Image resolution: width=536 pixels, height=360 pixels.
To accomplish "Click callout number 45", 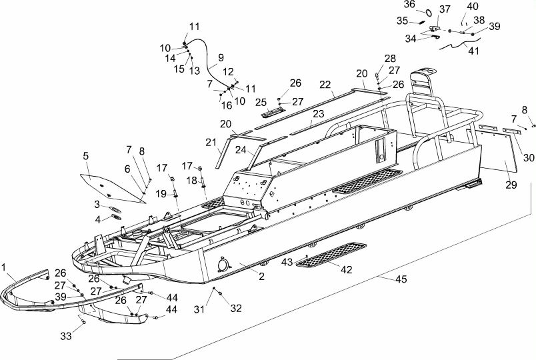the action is coord(401,279).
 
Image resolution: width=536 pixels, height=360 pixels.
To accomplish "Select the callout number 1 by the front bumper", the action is coord(4,267).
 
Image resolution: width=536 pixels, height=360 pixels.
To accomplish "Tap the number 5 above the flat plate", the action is coord(85,156).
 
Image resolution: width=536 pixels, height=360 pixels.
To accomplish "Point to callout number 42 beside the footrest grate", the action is coord(346,270).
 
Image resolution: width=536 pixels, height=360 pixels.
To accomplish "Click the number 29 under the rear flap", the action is coord(511,185).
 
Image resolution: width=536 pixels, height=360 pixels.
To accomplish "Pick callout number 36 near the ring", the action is coord(409,4).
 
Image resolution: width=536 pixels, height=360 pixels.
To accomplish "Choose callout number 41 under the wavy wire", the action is coord(473,51).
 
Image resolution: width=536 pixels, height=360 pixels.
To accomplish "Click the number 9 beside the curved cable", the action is coord(221,57).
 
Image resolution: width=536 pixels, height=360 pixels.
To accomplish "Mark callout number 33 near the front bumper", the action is coord(66,336).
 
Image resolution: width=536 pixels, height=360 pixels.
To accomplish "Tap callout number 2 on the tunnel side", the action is coord(261,276).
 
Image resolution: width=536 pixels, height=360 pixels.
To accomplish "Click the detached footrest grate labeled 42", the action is coord(331,255).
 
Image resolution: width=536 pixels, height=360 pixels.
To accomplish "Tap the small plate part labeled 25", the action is coord(273,112).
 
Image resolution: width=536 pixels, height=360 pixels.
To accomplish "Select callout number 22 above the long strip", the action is coord(325,85).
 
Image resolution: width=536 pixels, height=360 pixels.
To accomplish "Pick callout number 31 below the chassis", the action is coord(199,309).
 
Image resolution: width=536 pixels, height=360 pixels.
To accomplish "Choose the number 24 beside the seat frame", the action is coord(241,150).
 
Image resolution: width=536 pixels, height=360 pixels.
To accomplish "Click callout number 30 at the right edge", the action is coord(529,157).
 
